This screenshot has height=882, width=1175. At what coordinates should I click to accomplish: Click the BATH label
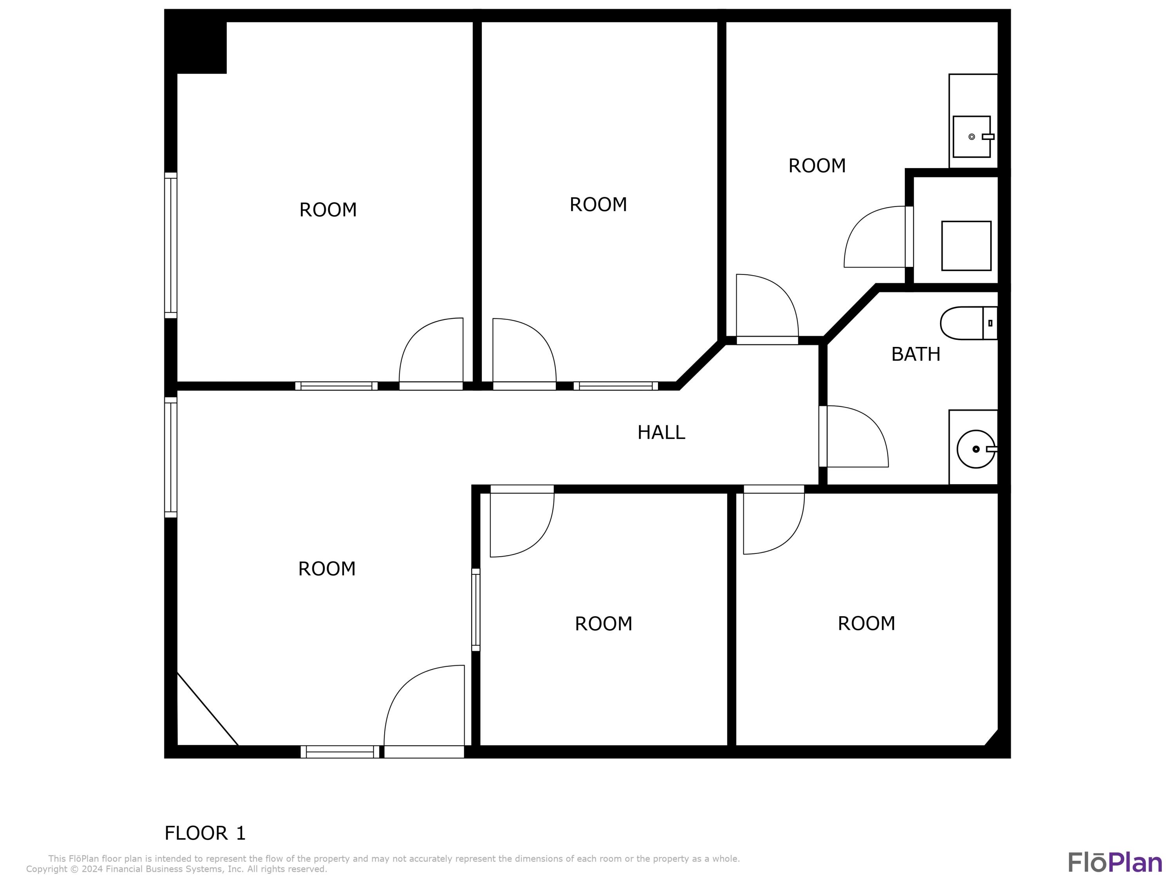(915, 354)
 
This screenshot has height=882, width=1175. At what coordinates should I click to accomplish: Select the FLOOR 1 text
(205, 833)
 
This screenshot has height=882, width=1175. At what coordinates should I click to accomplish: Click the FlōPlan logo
(1114, 862)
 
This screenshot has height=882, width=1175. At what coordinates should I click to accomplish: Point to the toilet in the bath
(968, 323)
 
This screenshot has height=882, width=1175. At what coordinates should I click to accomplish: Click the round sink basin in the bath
(975, 449)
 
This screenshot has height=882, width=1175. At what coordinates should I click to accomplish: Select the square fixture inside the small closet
(966, 246)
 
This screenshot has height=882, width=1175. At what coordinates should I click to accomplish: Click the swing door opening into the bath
(856, 437)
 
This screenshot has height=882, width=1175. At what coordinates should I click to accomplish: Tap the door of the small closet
(877, 238)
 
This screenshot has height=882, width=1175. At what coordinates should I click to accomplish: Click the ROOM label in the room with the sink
(817, 166)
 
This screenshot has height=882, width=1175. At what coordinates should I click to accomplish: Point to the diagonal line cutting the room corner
(207, 709)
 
